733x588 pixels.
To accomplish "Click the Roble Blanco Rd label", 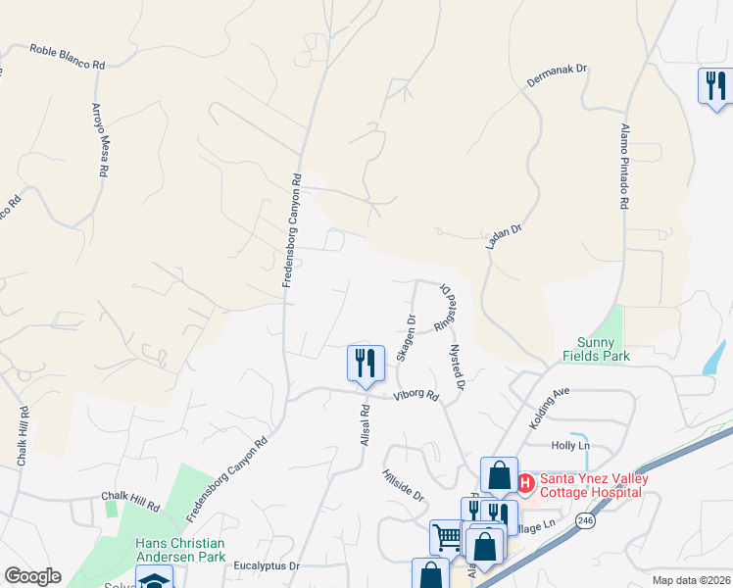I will point(67,57).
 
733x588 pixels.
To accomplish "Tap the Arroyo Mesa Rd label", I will point(99,138).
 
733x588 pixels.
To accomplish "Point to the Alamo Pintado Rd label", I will point(624,166).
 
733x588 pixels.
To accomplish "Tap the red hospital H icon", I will point(524,482).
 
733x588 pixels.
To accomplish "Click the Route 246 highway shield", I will point(585,519).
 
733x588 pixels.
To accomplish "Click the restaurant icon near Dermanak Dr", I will point(713,85).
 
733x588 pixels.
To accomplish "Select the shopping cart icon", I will point(446,536).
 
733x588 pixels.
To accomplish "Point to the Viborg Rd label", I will point(415,396).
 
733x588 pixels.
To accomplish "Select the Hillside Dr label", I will point(405,484).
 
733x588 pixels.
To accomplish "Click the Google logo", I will point(32,576).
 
